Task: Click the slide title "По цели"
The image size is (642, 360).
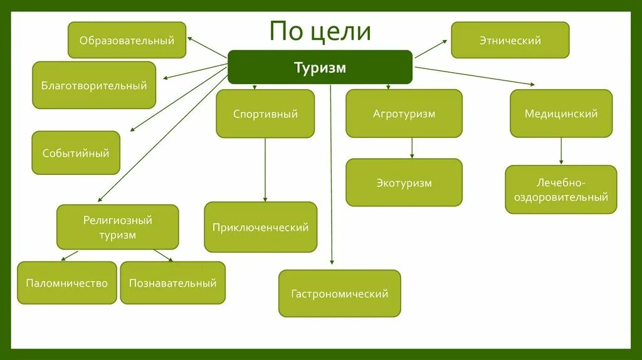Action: (320, 31)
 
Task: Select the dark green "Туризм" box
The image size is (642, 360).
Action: (320, 67)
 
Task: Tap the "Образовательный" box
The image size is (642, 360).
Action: (127, 40)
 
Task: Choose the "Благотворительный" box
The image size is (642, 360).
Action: (94, 85)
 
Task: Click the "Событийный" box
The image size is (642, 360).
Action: (76, 152)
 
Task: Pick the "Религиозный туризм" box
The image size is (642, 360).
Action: (118, 227)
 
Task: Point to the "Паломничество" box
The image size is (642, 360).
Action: (67, 283)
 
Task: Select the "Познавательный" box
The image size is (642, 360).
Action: (172, 283)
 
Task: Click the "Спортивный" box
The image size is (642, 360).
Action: (265, 114)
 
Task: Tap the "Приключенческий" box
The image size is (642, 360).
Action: (260, 227)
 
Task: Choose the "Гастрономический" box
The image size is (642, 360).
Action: (339, 293)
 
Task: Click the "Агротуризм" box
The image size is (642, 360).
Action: (404, 114)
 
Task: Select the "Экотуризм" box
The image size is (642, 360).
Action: (404, 183)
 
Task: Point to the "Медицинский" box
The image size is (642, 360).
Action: (561, 114)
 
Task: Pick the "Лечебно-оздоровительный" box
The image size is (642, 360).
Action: (561, 189)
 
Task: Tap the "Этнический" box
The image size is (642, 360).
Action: (510, 40)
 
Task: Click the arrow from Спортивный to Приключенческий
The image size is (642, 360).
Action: (265, 169)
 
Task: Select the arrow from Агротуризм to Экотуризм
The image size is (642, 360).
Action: (412, 148)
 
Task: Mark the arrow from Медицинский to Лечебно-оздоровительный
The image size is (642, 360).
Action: (561, 151)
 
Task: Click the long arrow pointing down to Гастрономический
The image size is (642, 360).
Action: (331, 176)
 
